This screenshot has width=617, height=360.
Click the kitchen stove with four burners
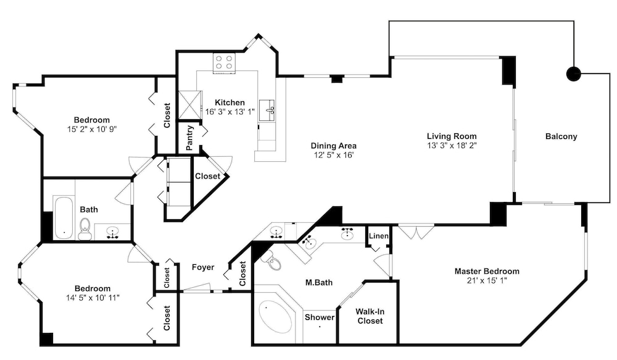[225, 63]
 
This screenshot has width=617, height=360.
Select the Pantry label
[189, 138]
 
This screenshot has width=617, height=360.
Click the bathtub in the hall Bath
[63, 217]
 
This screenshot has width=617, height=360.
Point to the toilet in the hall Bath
[85, 229]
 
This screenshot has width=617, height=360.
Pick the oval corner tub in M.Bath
[275, 317]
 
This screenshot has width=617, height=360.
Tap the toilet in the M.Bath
[273, 259]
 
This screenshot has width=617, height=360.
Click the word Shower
[320, 317]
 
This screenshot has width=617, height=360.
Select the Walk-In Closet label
[370, 316]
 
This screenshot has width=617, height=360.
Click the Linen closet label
[379, 236]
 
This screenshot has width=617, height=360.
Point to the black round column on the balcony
[573, 73]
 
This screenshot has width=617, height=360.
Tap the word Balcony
[561, 136]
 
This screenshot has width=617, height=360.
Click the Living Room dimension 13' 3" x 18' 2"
[452, 146]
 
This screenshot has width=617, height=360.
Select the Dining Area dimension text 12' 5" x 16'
[334, 155]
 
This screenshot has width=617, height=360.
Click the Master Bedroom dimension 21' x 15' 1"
[487, 281]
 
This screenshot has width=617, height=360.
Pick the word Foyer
[203, 267]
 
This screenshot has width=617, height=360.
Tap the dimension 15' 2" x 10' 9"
[92, 129]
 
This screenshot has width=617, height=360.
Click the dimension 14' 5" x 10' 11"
[93, 298]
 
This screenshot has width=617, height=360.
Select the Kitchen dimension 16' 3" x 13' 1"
[230, 112]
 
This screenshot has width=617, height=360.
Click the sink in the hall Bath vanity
[113, 232]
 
